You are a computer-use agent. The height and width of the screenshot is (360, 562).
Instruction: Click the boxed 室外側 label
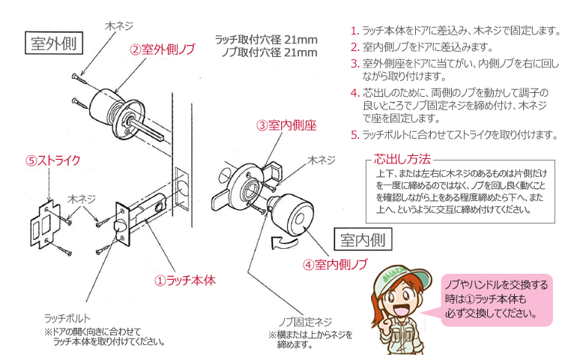click(54, 43)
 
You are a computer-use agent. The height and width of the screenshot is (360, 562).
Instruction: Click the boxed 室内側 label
click(363, 239)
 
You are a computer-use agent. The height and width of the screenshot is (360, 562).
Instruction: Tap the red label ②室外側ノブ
click(163, 49)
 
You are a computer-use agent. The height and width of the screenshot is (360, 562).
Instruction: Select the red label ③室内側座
click(286, 125)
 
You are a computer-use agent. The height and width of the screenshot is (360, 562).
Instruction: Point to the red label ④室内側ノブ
click(335, 265)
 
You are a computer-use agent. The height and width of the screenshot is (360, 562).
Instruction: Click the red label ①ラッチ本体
click(185, 280)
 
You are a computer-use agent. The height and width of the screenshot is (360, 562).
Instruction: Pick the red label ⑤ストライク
click(52, 160)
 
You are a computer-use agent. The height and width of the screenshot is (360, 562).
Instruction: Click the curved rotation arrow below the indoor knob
click(285, 242)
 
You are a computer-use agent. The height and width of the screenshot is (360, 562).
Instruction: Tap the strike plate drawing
click(44, 224)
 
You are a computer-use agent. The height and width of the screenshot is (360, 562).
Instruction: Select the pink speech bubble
click(496, 300)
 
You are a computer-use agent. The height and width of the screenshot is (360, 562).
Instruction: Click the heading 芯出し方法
click(402, 158)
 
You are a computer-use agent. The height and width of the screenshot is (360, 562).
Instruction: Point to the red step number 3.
click(354, 64)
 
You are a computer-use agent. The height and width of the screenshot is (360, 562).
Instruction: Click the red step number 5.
click(354, 135)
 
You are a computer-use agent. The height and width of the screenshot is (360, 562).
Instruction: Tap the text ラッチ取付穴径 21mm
click(266, 40)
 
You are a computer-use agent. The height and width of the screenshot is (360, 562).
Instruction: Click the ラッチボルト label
click(67, 318)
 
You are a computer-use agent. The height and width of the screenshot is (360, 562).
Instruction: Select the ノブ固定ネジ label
click(306, 322)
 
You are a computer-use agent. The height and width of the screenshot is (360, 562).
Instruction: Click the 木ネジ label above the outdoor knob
click(119, 25)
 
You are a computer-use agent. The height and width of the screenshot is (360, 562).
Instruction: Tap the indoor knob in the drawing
click(291, 214)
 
